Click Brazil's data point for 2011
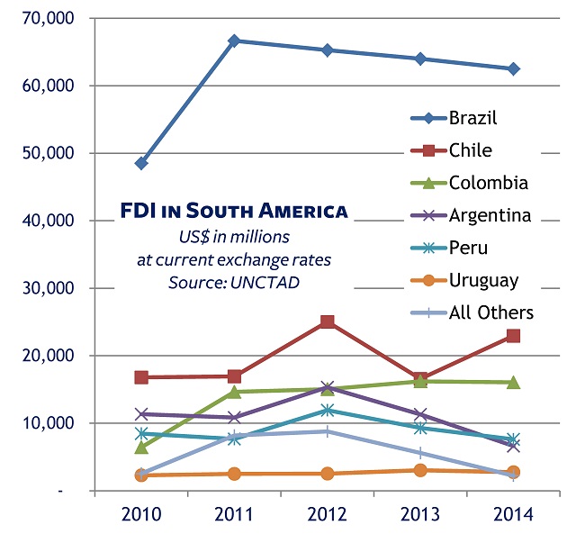click(234, 41)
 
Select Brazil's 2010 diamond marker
click(141, 163)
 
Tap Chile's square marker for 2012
click(327, 321)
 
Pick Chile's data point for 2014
click(513, 336)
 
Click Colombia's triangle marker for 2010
click(141, 447)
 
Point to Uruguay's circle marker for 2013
click(420, 470)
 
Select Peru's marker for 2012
click(327, 411)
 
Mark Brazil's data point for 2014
click(513, 68)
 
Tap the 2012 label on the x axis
click(327, 514)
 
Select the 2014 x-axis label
click(513, 514)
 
